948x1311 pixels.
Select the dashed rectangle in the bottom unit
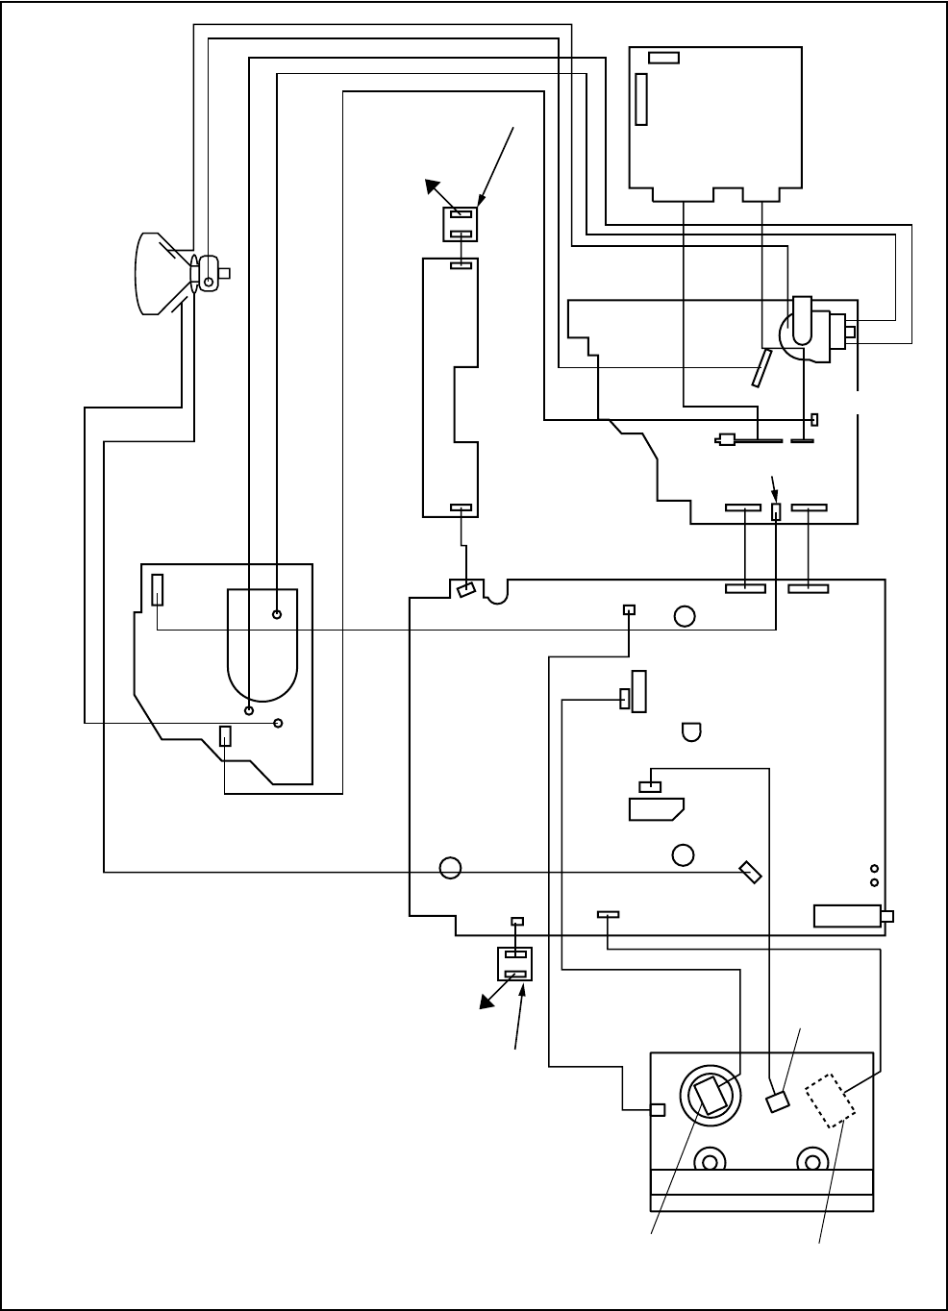tap(831, 1099)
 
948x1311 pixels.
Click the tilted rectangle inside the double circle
tap(711, 1096)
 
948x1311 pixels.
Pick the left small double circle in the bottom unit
tap(710, 1161)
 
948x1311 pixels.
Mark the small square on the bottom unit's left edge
tap(658, 1110)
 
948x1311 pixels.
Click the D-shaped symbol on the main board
tap(691, 731)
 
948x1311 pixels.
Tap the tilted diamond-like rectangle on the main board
tap(751, 873)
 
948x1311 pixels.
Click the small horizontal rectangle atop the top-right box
tap(663, 58)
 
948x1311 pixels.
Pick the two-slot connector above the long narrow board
tap(460, 225)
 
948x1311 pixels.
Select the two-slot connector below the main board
tap(514, 964)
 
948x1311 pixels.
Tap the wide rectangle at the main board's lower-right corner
tap(847, 916)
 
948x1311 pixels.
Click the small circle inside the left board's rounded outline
tap(277, 614)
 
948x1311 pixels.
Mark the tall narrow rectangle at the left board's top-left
tap(158, 589)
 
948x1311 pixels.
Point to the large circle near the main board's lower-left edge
tap(449, 868)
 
